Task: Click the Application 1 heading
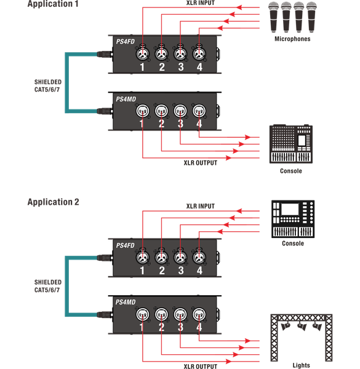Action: tap(53, 4)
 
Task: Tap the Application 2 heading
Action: tap(53, 202)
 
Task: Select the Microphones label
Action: tap(292, 39)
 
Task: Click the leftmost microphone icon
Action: tap(274, 17)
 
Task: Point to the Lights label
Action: tap(301, 365)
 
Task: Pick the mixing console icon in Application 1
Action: tap(291, 144)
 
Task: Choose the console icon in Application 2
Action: tap(293, 219)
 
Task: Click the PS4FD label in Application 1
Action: tap(126, 42)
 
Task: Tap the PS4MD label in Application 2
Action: tap(126, 302)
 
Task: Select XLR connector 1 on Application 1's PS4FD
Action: tap(142, 54)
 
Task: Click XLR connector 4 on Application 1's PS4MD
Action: tap(199, 111)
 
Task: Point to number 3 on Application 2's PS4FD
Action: tap(181, 271)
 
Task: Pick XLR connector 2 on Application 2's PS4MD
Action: tap(161, 314)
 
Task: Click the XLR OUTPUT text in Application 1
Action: tap(201, 163)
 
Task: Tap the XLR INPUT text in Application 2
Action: tap(201, 206)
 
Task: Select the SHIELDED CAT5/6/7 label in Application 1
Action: tap(48, 85)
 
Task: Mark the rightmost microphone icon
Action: tap(311, 17)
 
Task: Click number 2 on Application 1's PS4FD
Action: tap(162, 67)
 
